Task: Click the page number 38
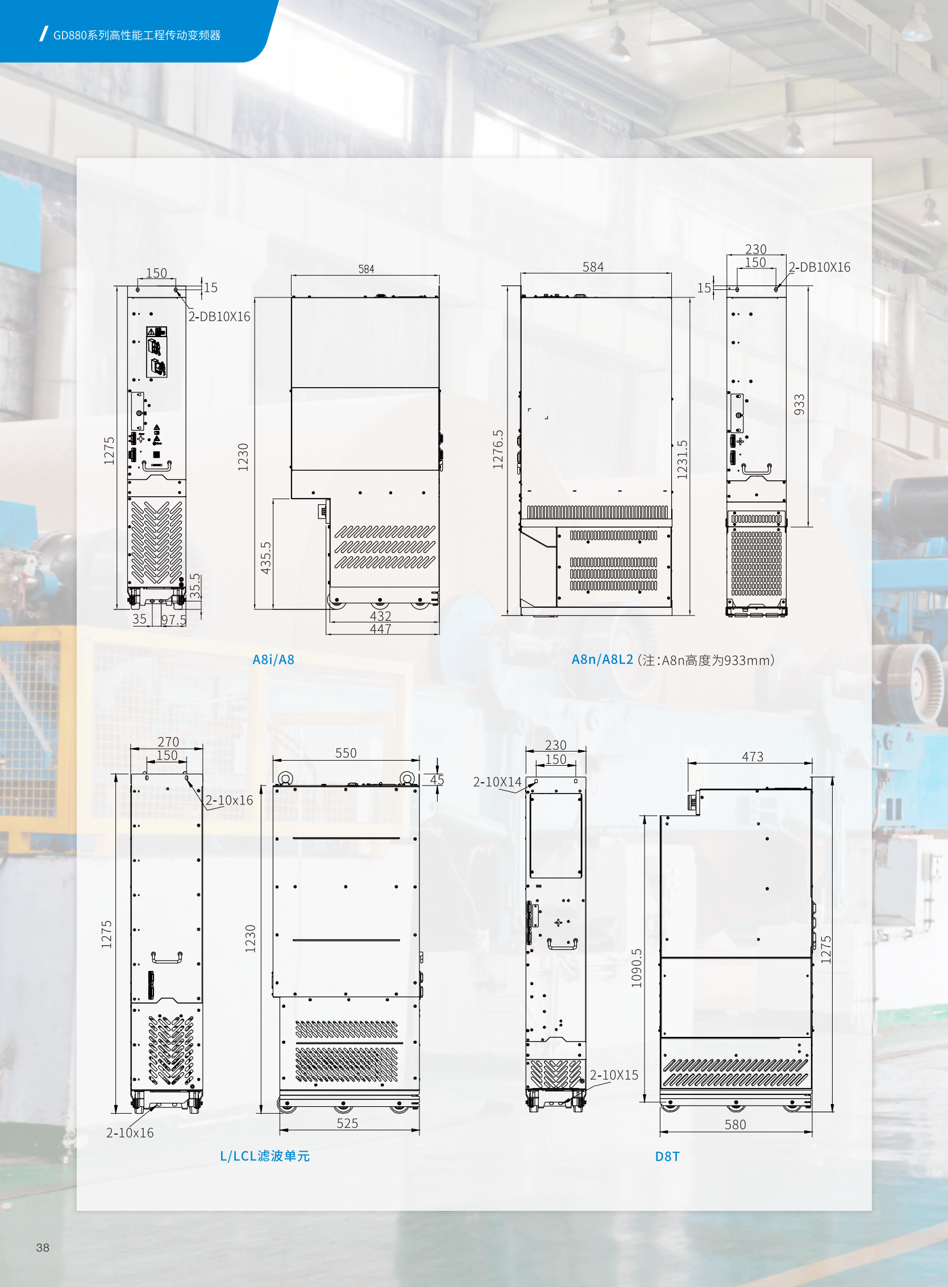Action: tap(43, 1247)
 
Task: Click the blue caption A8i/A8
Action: tap(273, 659)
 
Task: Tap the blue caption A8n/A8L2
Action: tap(602, 659)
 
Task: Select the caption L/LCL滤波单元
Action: tap(265, 1156)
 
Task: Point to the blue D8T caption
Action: tap(667, 1157)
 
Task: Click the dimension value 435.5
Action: tap(265, 558)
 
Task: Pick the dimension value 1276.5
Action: tap(497, 449)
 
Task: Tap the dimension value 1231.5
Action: tap(682, 459)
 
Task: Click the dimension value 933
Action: tap(799, 405)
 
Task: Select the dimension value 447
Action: tap(380, 629)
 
